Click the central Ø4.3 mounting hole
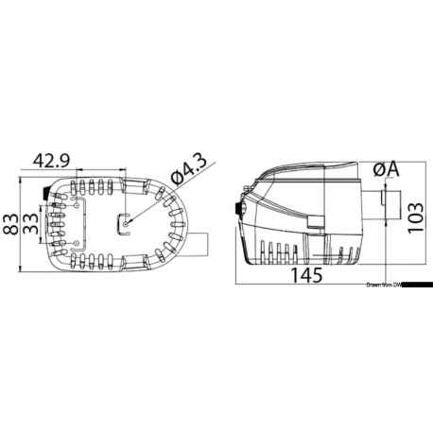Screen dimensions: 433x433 point(125,222)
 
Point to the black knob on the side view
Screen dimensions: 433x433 point(236,208)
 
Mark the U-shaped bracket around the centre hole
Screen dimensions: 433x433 point(120,225)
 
